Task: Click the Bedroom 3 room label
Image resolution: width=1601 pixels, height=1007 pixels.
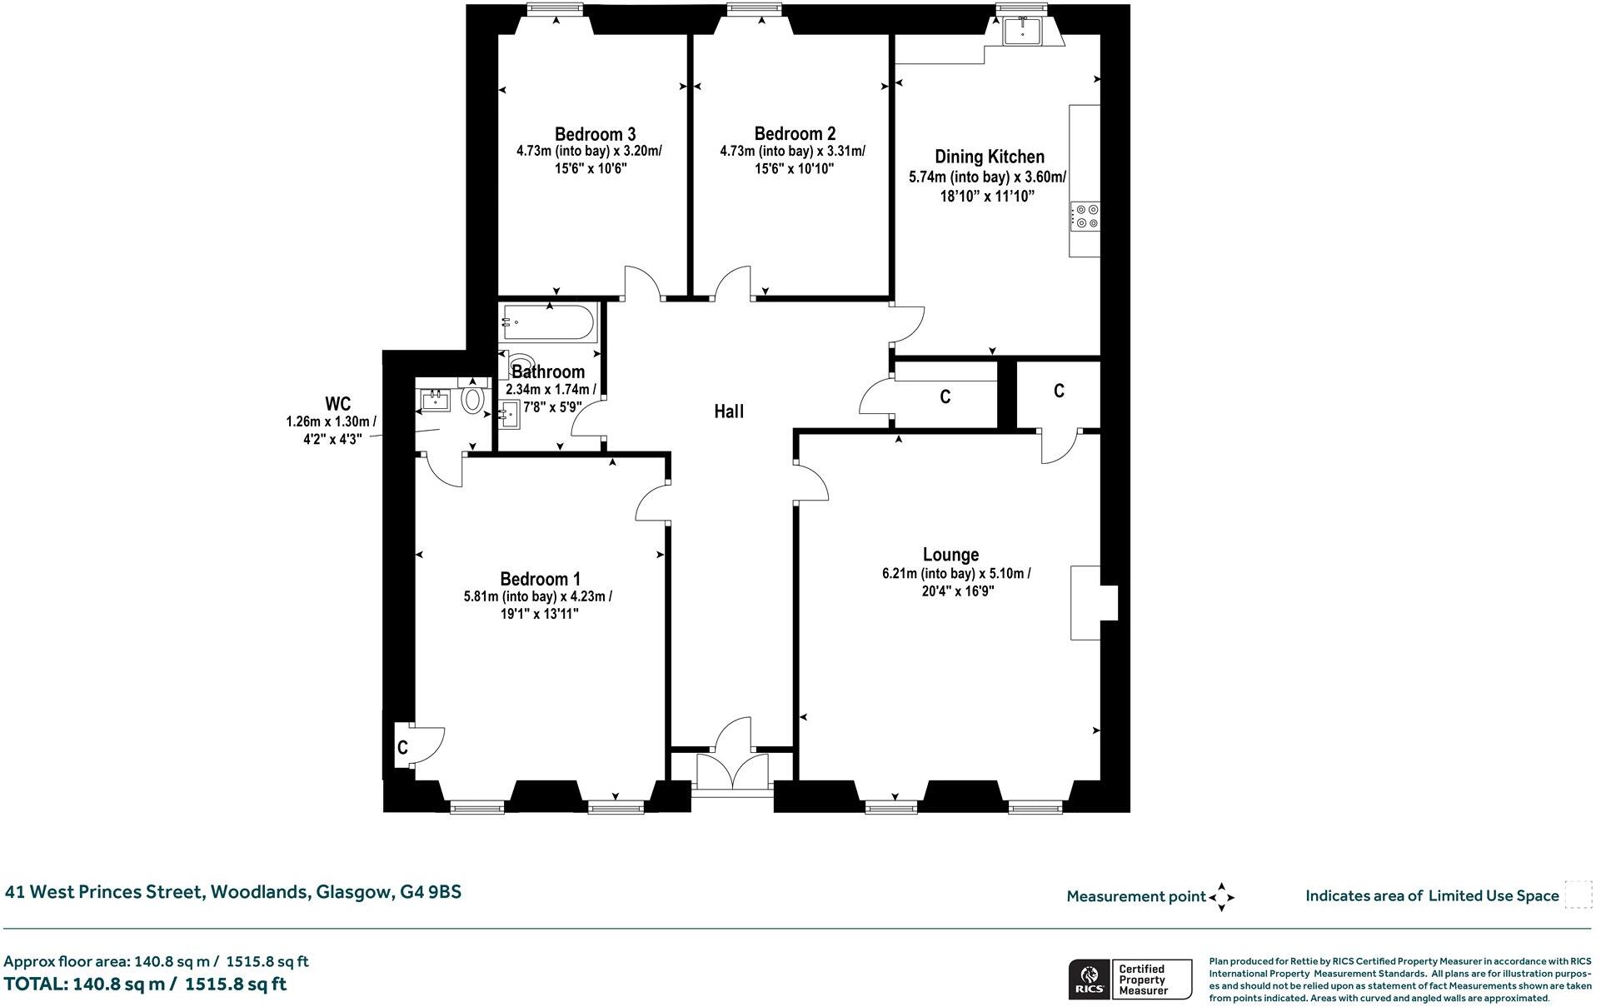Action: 595,134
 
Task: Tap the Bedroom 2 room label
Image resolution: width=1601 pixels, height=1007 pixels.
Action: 795,133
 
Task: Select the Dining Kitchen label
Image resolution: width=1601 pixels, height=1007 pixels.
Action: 989,157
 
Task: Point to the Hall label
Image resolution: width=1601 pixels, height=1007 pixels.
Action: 728,411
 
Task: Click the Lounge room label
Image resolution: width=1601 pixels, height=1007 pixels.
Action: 950,555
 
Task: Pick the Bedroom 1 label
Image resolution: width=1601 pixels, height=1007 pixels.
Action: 540,579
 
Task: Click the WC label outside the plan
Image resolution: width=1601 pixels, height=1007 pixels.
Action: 337,404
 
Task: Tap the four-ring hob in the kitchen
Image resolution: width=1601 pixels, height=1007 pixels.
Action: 1085,217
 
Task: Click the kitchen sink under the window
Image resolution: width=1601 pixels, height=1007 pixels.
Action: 1022,31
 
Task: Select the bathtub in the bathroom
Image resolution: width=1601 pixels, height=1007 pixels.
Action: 549,321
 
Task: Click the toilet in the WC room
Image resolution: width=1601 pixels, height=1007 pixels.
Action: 473,401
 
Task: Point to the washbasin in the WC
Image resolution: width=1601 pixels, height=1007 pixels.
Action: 435,401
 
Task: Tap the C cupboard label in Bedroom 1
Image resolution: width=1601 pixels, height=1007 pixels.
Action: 402,748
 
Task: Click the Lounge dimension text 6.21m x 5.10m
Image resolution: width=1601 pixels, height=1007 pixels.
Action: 955,574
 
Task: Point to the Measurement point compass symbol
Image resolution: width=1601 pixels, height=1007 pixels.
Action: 1221,897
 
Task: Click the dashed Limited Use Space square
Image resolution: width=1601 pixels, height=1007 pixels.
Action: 1578,895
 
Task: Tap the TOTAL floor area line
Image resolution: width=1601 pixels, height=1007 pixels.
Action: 146,985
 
